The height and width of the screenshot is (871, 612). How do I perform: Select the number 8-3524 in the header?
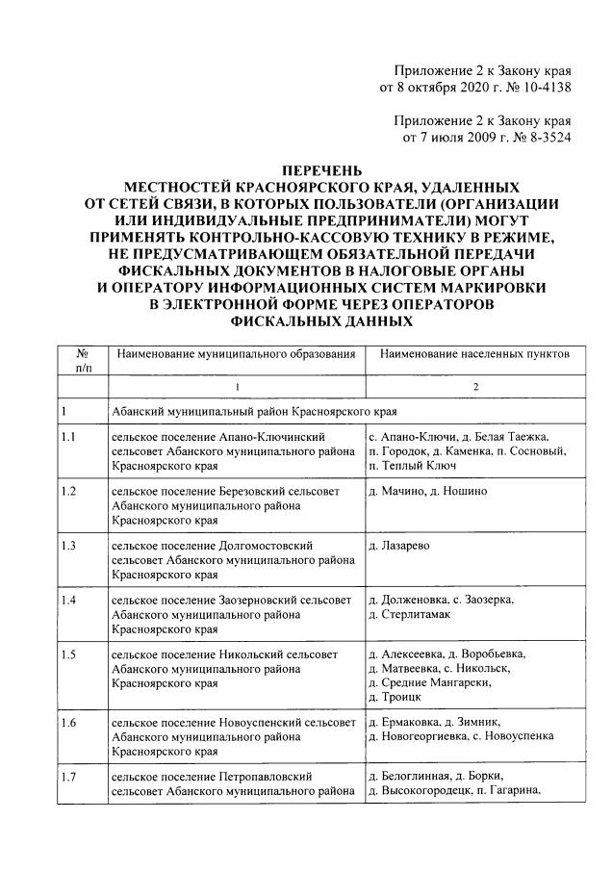(x=546, y=138)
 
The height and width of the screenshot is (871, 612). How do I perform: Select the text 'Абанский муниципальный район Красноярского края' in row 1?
(x=253, y=412)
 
